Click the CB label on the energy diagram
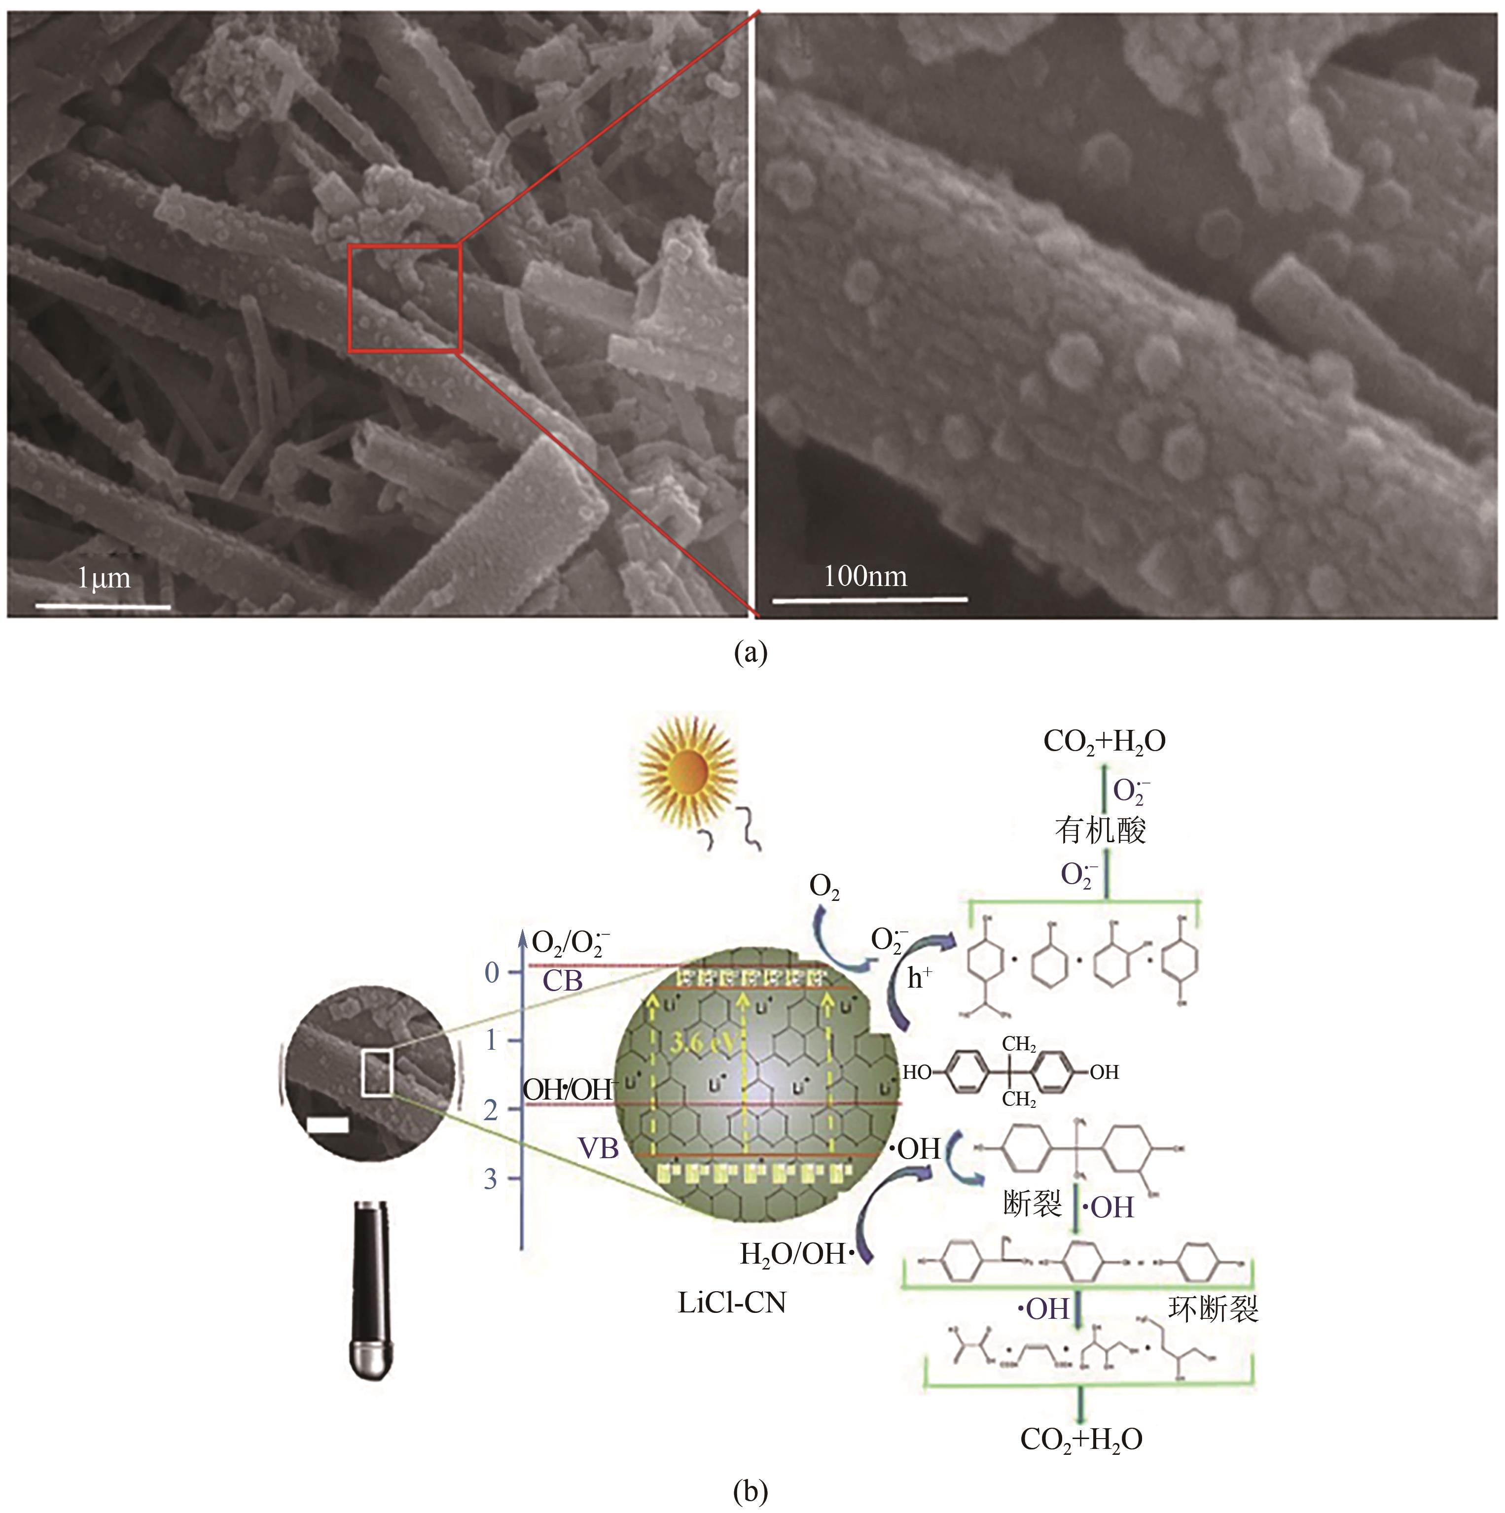coord(563,980)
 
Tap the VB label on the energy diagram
coord(598,1148)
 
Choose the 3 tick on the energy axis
coord(491,1178)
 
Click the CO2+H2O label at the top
coord(1104,742)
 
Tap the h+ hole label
coord(920,978)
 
